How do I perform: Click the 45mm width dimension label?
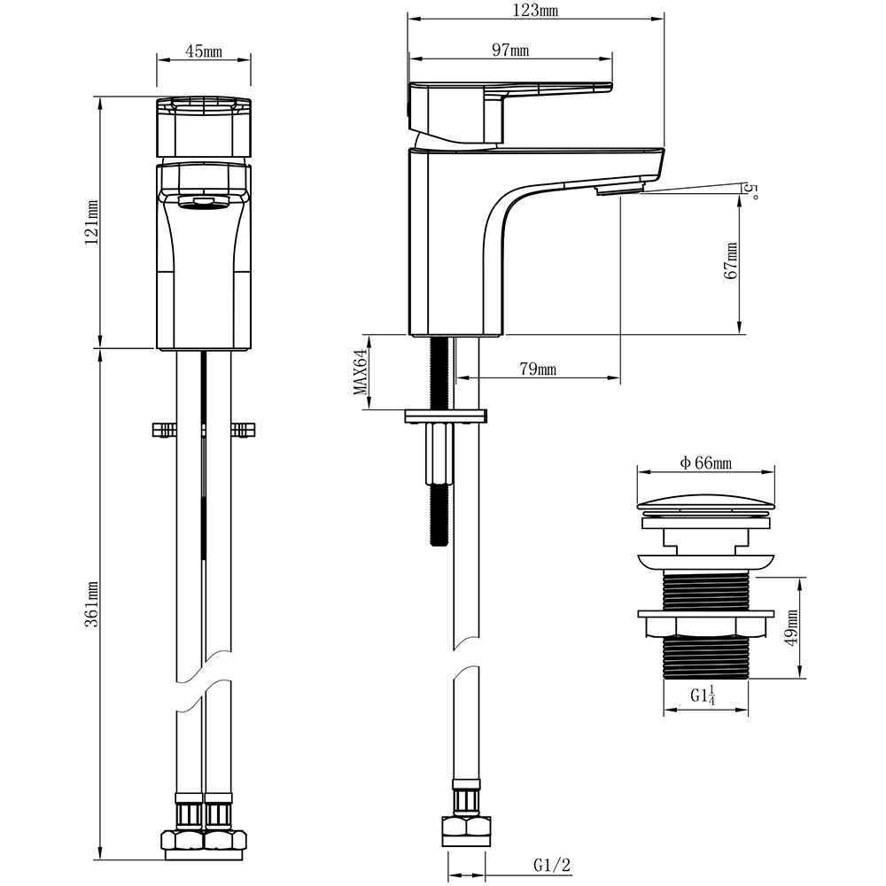coord(204,51)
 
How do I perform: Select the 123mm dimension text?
coord(534,10)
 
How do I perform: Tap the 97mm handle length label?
coord(510,51)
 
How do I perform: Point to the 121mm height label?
coord(91,222)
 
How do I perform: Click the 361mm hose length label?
coord(91,604)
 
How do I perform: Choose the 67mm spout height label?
coord(731,260)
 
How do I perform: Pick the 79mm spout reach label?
coord(538,369)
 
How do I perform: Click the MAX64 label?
coord(361,372)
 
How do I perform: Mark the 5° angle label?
coord(752,190)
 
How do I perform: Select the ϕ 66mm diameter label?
coord(706,463)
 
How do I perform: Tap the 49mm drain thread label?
coord(791,628)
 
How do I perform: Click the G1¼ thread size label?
coord(703,695)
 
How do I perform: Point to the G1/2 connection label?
coord(552,865)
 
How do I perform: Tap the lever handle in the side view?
coord(510,113)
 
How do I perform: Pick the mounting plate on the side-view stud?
coord(446,416)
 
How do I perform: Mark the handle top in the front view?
coord(204,128)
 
